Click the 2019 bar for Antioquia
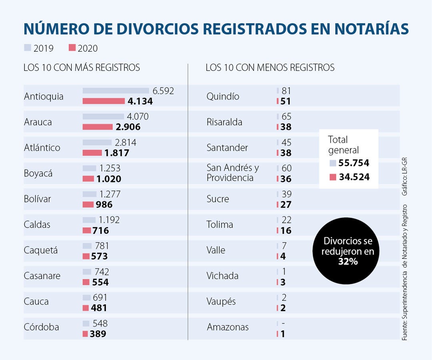116,91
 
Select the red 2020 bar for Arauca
98,127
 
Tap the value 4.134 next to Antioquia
140,101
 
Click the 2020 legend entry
83,48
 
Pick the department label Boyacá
38,174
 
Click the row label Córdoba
41,327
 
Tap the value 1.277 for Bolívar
110,194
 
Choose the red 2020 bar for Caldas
86,230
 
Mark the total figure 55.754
354,163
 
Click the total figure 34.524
354,176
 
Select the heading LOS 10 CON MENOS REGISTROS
270,68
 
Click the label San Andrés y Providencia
232,173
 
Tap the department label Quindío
223,96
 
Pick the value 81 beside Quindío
286,91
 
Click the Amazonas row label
228,327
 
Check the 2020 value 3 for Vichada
283,282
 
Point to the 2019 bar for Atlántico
97,142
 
